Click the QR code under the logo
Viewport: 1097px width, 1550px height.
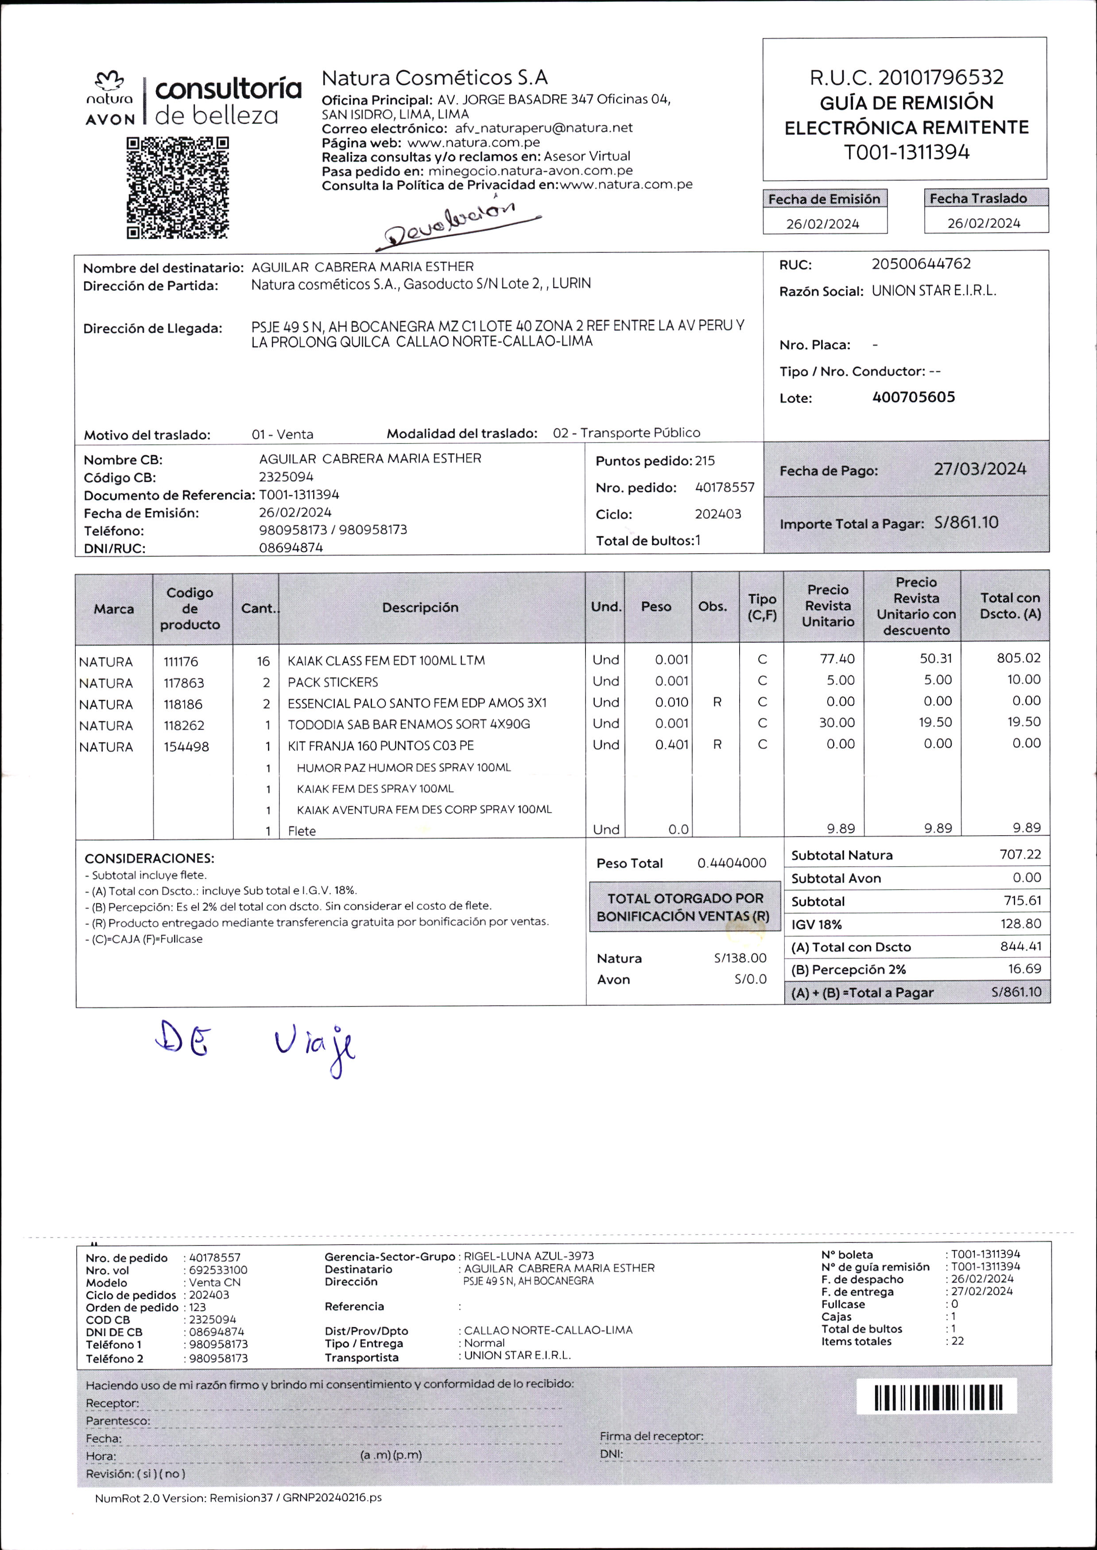pyautogui.click(x=178, y=188)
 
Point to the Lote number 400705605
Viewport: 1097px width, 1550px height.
pyautogui.click(x=913, y=397)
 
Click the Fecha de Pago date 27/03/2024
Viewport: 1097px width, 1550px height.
pyautogui.click(x=980, y=469)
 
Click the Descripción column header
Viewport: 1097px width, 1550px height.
pyautogui.click(x=420, y=608)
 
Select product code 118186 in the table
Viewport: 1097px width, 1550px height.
pyautogui.click(x=183, y=704)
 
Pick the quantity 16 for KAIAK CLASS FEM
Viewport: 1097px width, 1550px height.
pyautogui.click(x=263, y=662)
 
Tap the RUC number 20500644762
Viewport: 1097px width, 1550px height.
pyautogui.click(x=921, y=264)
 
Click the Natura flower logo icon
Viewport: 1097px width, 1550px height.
pyautogui.click(x=109, y=81)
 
